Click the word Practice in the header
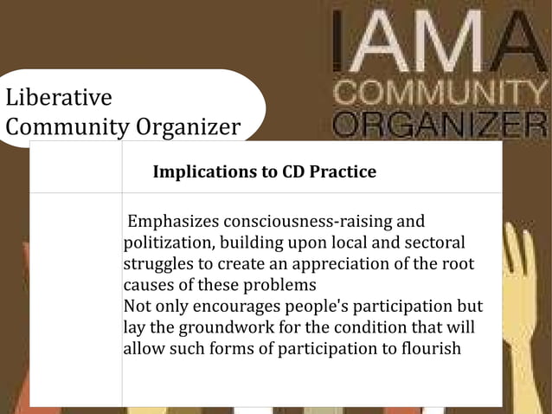pyautogui.click(x=343, y=171)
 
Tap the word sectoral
pyautogui.click(x=432, y=242)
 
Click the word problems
pyautogui.click(x=279, y=285)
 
